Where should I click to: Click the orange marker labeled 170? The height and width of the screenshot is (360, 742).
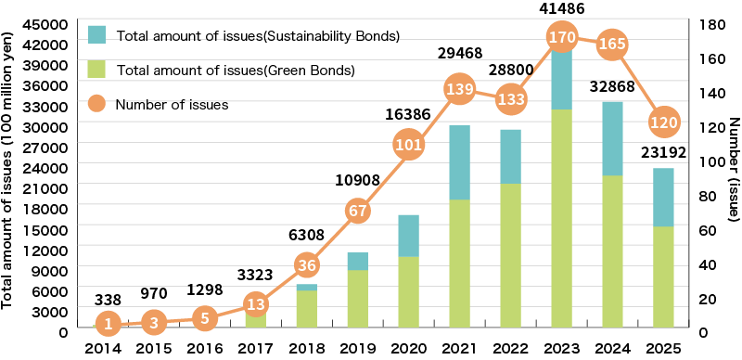click(563, 39)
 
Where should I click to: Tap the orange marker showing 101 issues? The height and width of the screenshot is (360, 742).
click(409, 144)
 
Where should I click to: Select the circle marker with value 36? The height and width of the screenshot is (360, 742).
click(308, 265)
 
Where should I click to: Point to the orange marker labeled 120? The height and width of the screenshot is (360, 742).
click(664, 122)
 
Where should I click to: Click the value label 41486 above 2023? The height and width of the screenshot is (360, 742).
click(562, 8)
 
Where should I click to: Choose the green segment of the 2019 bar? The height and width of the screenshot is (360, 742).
click(358, 298)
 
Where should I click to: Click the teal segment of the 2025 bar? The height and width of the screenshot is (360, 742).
click(664, 197)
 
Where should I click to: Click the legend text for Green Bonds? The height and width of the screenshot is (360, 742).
click(237, 70)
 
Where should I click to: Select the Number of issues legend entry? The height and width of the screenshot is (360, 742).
click(172, 105)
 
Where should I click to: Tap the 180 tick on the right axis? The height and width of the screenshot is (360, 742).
click(709, 22)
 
